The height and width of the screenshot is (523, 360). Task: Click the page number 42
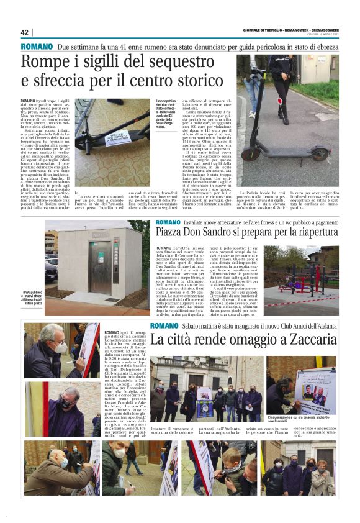25,33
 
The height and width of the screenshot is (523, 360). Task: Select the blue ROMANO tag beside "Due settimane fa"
37,47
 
